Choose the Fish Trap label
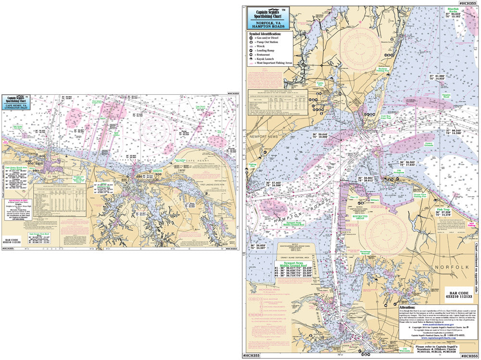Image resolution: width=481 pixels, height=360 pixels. click(443, 196)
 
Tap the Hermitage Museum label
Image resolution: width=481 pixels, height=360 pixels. click(367, 253)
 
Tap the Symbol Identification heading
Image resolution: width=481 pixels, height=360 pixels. click(265, 34)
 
